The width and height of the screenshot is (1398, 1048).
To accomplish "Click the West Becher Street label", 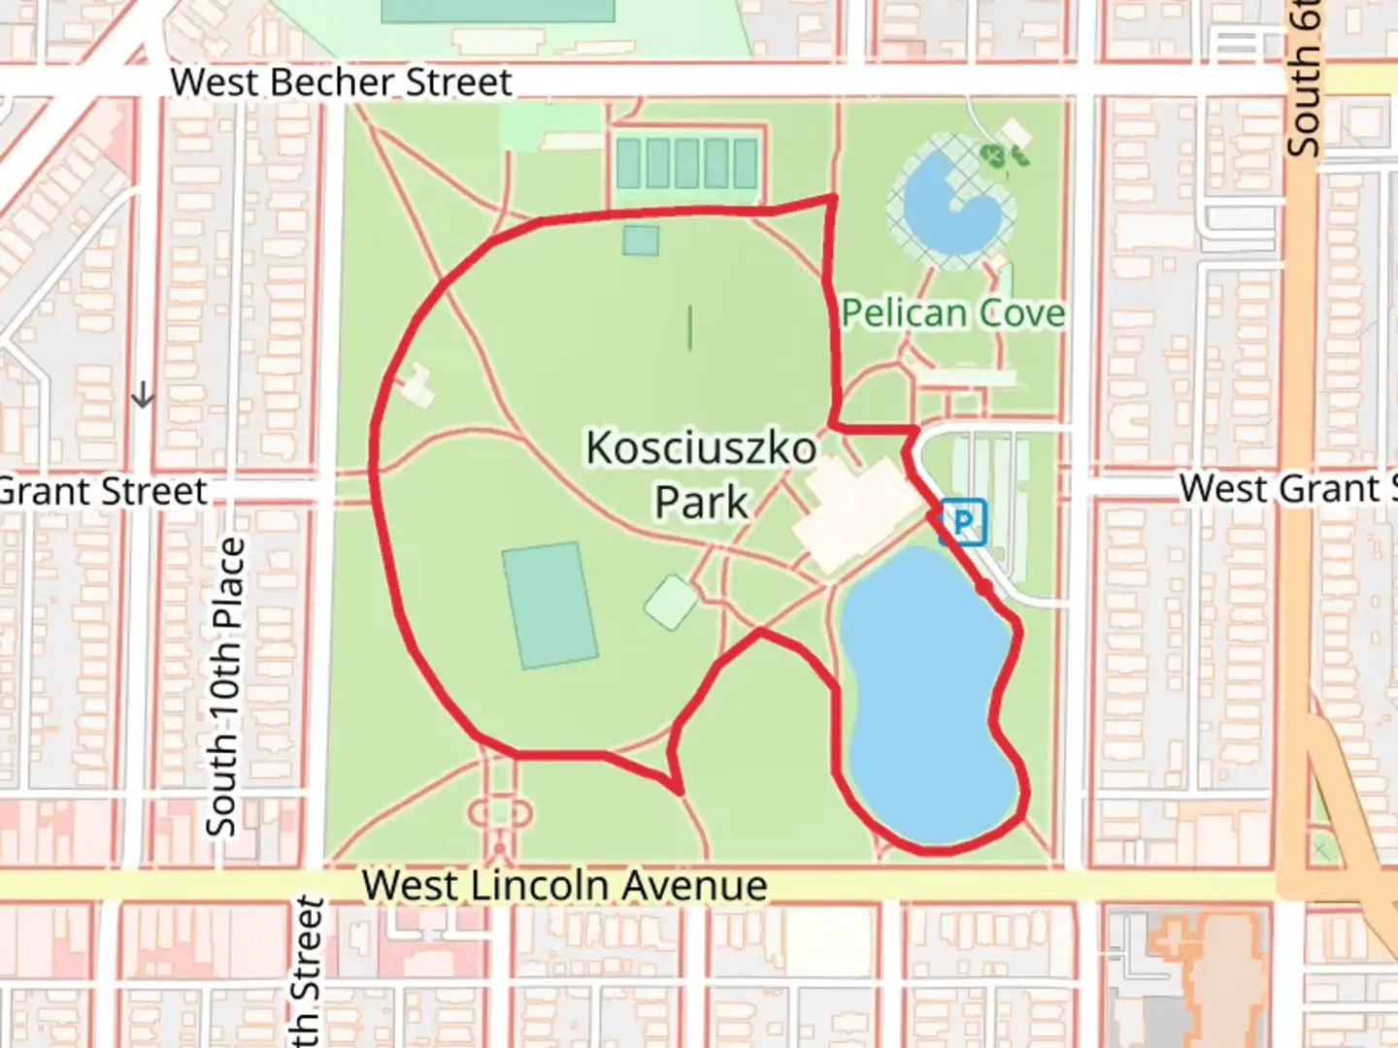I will tap(341, 82).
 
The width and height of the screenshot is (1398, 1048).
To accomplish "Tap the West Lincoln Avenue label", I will tap(564, 885).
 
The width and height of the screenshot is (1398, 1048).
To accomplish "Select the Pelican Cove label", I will tap(952, 312).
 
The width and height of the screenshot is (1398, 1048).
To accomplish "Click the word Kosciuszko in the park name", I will tap(701, 448).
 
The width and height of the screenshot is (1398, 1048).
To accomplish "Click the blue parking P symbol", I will tap(962, 522).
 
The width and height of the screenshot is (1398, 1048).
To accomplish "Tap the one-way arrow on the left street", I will tap(143, 395).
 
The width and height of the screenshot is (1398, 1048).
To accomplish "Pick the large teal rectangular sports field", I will tap(549, 606).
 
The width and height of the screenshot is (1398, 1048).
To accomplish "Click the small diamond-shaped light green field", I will tap(671, 602).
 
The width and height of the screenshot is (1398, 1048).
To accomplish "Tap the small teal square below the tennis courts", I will tap(641, 240).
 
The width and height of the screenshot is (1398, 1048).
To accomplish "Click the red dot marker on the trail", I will tap(984, 588).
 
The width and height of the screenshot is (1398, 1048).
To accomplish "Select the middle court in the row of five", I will tap(686, 163).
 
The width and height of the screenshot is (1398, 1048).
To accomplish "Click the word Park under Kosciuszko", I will tap(701, 503).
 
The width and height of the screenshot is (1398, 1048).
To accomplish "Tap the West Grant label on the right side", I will tap(1286, 488).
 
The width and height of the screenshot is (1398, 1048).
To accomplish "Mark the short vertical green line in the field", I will tap(690, 328).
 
